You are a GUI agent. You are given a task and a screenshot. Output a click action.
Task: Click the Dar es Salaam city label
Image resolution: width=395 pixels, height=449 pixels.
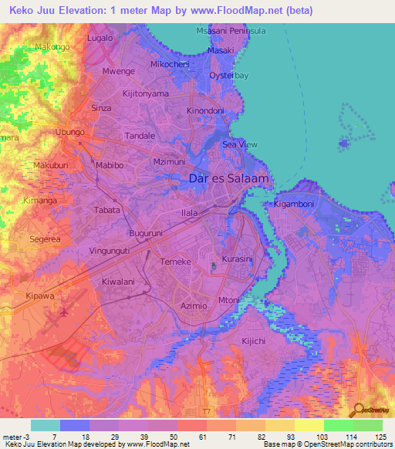pos(229,179)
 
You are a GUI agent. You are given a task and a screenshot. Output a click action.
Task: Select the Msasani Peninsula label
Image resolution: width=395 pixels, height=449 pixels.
pos(231,30)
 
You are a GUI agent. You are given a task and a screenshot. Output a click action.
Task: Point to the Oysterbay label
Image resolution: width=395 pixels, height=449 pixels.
pos(230,76)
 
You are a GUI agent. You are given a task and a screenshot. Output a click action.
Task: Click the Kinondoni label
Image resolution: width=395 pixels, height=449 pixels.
pos(206,111)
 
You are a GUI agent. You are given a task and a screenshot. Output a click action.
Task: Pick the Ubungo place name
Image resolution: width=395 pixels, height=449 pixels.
pos(69,132)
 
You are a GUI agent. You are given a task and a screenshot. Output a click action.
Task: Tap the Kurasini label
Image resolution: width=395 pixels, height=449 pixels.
pos(237,259)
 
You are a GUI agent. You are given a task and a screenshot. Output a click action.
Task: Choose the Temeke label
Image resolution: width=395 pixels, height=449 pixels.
pos(174,262)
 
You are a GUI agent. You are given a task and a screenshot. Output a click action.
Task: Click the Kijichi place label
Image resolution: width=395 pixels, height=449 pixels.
pos(231,340)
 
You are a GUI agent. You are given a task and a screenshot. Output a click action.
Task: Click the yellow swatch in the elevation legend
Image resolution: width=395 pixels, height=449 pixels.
pos(309,425)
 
